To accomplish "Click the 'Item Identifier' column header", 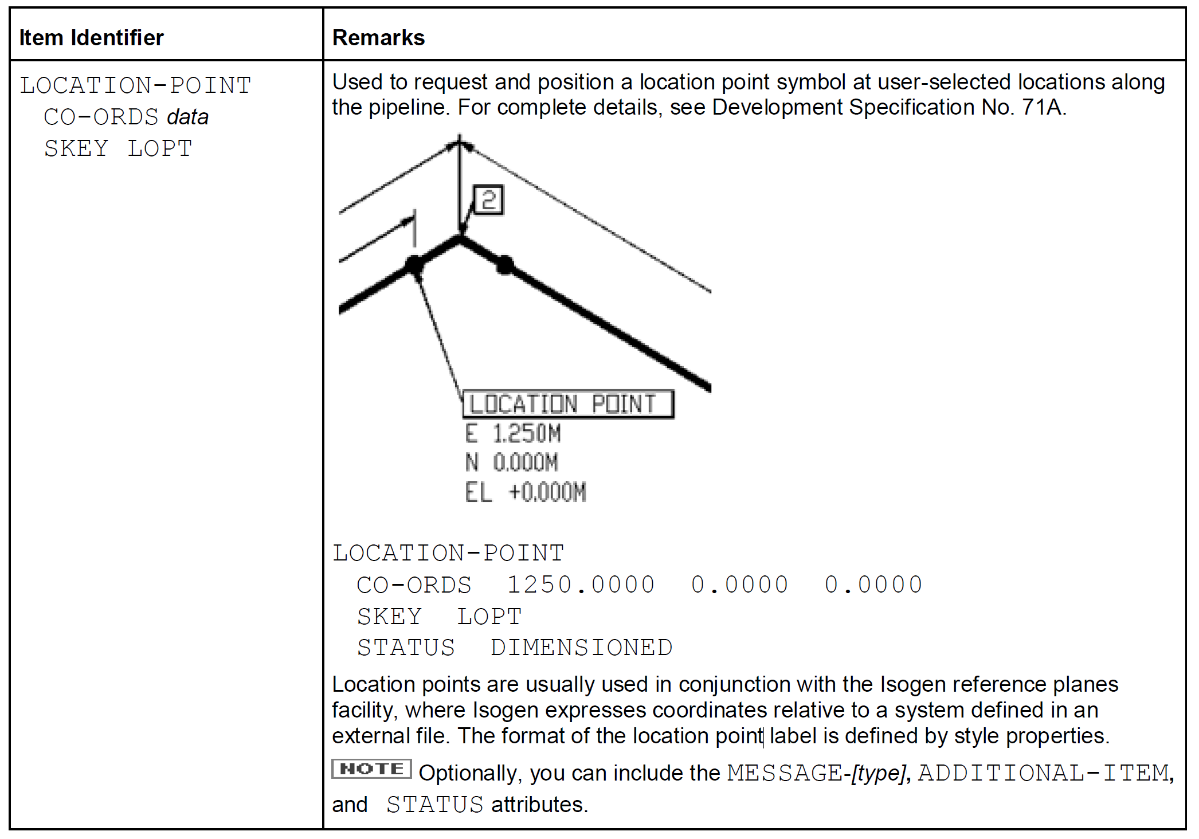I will point(91,38).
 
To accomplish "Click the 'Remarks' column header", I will point(378,38).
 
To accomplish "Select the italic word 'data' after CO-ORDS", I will point(187,117).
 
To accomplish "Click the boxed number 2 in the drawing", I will point(488,200).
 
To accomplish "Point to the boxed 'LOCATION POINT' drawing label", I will point(567,404).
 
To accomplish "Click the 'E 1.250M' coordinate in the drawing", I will point(513,433).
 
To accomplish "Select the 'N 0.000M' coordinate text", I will point(512,462).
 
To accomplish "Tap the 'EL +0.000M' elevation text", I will point(525,492).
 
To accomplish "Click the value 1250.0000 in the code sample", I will point(581,585).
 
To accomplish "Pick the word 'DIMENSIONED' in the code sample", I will point(581,648).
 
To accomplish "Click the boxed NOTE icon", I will point(371,769).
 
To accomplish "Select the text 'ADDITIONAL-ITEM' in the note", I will point(1044,773).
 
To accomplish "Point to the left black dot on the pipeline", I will point(414,265).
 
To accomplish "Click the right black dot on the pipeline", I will point(505,265).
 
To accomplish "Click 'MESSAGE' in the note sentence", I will point(785,773).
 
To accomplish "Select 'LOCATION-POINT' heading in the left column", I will point(136,85).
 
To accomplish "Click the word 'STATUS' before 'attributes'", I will point(435,805).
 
